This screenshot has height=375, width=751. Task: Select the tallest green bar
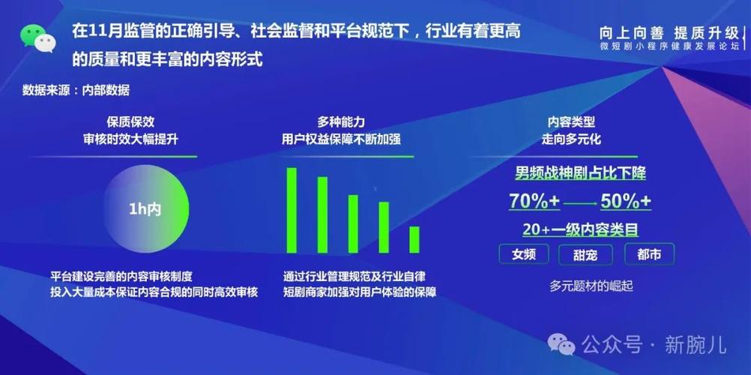pyautogui.click(x=292, y=210)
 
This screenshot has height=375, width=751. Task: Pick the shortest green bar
pyautogui.click(x=414, y=239)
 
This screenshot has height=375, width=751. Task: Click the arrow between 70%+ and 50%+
pyautogui.click(x=580, y=202)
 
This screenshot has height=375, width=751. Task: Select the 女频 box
pyautogui.click(x=525, y=254)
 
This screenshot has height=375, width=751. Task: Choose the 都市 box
pyautogui.click(x=649, y=254)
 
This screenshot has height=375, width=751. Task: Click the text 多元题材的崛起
pyautogui.click(x=586, y=286)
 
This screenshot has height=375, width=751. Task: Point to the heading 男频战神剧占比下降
pyautogui.click(x=580, y=173)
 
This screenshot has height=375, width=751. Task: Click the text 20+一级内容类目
pyautogui.click(x=581, y=229)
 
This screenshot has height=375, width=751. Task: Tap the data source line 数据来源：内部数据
pyautogui.click(x=76, y=91)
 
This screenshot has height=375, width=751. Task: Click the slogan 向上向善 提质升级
pyautogui.click(x=669, y=33)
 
